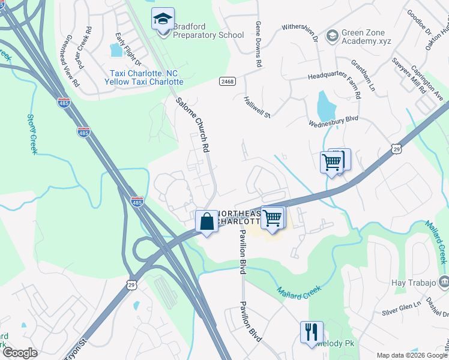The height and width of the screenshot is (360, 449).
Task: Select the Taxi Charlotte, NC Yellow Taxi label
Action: (144, 77)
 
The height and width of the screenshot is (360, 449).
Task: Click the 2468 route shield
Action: (228, 81)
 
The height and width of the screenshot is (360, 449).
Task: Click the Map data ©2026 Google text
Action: (411, 355)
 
